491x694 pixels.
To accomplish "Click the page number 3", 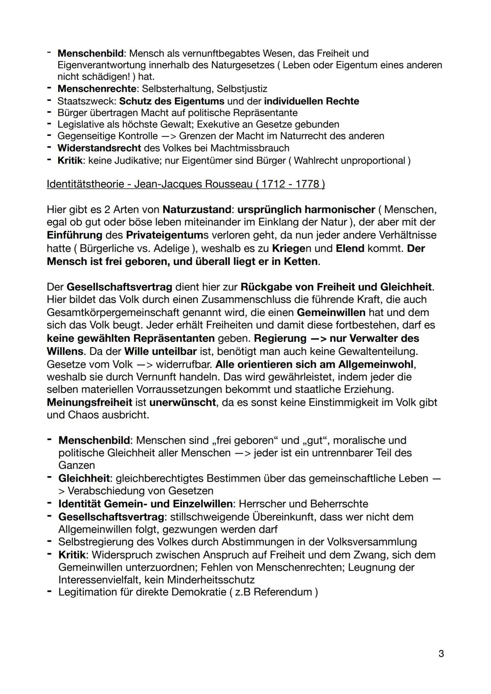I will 441,654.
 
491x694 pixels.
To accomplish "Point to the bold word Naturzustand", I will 196,210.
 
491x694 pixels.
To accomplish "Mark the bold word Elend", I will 350,248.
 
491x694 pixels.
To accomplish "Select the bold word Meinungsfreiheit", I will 89,402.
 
